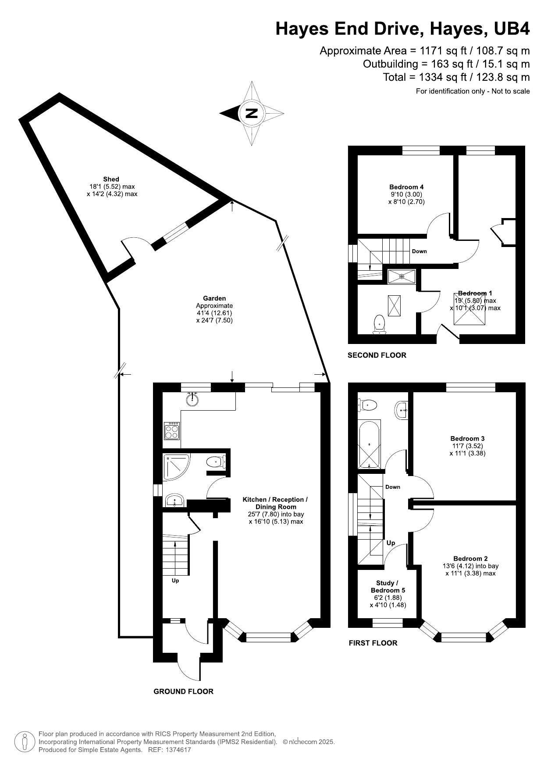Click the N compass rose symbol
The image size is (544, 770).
coord(252,113)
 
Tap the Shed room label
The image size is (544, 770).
coord(111,179)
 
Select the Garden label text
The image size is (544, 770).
coord(214,298)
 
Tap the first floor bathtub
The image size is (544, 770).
coord(370,444)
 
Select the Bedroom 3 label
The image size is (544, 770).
coord(467,438)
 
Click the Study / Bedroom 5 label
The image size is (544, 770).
coord(388,587)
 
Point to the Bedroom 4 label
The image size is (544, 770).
coord(406,187)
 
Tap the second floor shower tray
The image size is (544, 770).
coord(401,276)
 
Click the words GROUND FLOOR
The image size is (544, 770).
coord(183,691)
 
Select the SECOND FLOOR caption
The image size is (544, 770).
coord(377,355)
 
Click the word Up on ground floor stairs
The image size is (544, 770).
coord(175,580)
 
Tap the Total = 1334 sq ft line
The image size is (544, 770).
coord(456,78)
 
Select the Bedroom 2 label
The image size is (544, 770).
coord(470,559)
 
